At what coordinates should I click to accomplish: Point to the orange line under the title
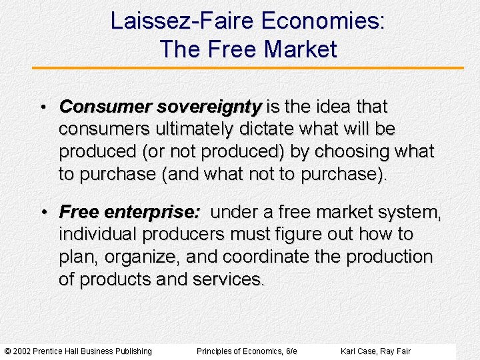(x=247, y=67)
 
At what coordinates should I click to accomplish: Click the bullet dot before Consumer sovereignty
(x=42, y=107)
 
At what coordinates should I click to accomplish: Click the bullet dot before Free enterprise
(x=42, y=213)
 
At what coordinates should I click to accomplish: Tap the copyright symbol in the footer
(x=7, y=351)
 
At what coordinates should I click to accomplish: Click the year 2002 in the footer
(x=21, y=351)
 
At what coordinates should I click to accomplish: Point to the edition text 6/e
(x=291, y=351)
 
